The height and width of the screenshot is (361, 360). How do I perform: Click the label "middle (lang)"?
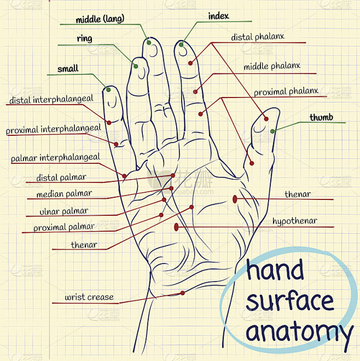(100, 19)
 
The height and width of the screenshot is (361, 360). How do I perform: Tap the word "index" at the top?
(218, 16)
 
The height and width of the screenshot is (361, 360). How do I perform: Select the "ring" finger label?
(85, 39)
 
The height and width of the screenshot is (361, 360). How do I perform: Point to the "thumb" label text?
(321, 117)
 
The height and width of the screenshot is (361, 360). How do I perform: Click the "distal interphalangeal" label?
(51, 99)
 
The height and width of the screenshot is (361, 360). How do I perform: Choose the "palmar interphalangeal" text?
(55, 157)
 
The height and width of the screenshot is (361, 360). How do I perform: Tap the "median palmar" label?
(64, 194)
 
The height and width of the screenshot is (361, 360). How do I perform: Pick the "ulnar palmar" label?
(64, 211)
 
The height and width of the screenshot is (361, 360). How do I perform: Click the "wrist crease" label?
(89, 297)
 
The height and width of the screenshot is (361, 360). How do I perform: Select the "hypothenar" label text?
(295, 221)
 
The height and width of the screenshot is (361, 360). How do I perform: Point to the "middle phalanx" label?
(272, 66)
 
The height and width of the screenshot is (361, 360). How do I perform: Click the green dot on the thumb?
(272, 131)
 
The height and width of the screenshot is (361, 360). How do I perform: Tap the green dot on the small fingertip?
(108, 89)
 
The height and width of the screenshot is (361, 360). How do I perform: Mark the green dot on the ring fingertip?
(136, 66)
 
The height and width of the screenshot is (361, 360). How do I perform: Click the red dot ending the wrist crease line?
(183, 293)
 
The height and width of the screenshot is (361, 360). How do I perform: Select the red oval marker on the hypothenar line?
(176, 227)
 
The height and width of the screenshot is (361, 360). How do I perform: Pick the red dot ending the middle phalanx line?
(195, 92)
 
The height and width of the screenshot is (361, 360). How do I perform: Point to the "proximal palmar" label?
(64, 227)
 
